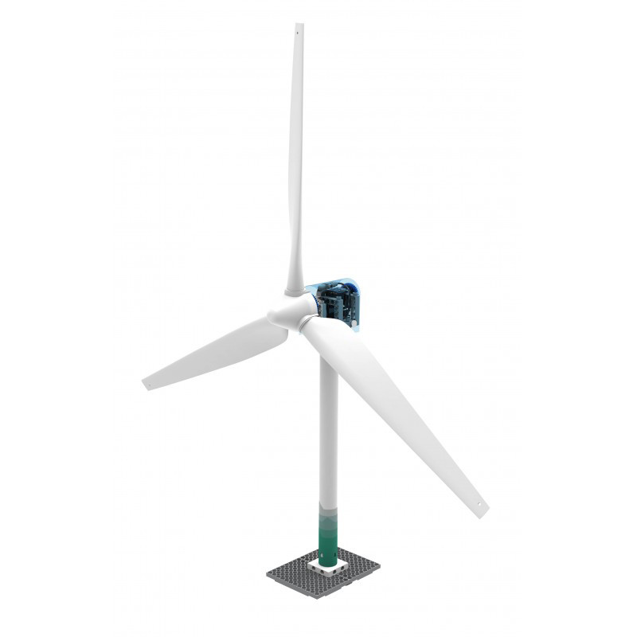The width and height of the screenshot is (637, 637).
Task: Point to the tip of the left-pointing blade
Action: click(143, 385)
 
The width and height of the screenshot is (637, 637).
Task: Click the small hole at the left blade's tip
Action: click(148, 383)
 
